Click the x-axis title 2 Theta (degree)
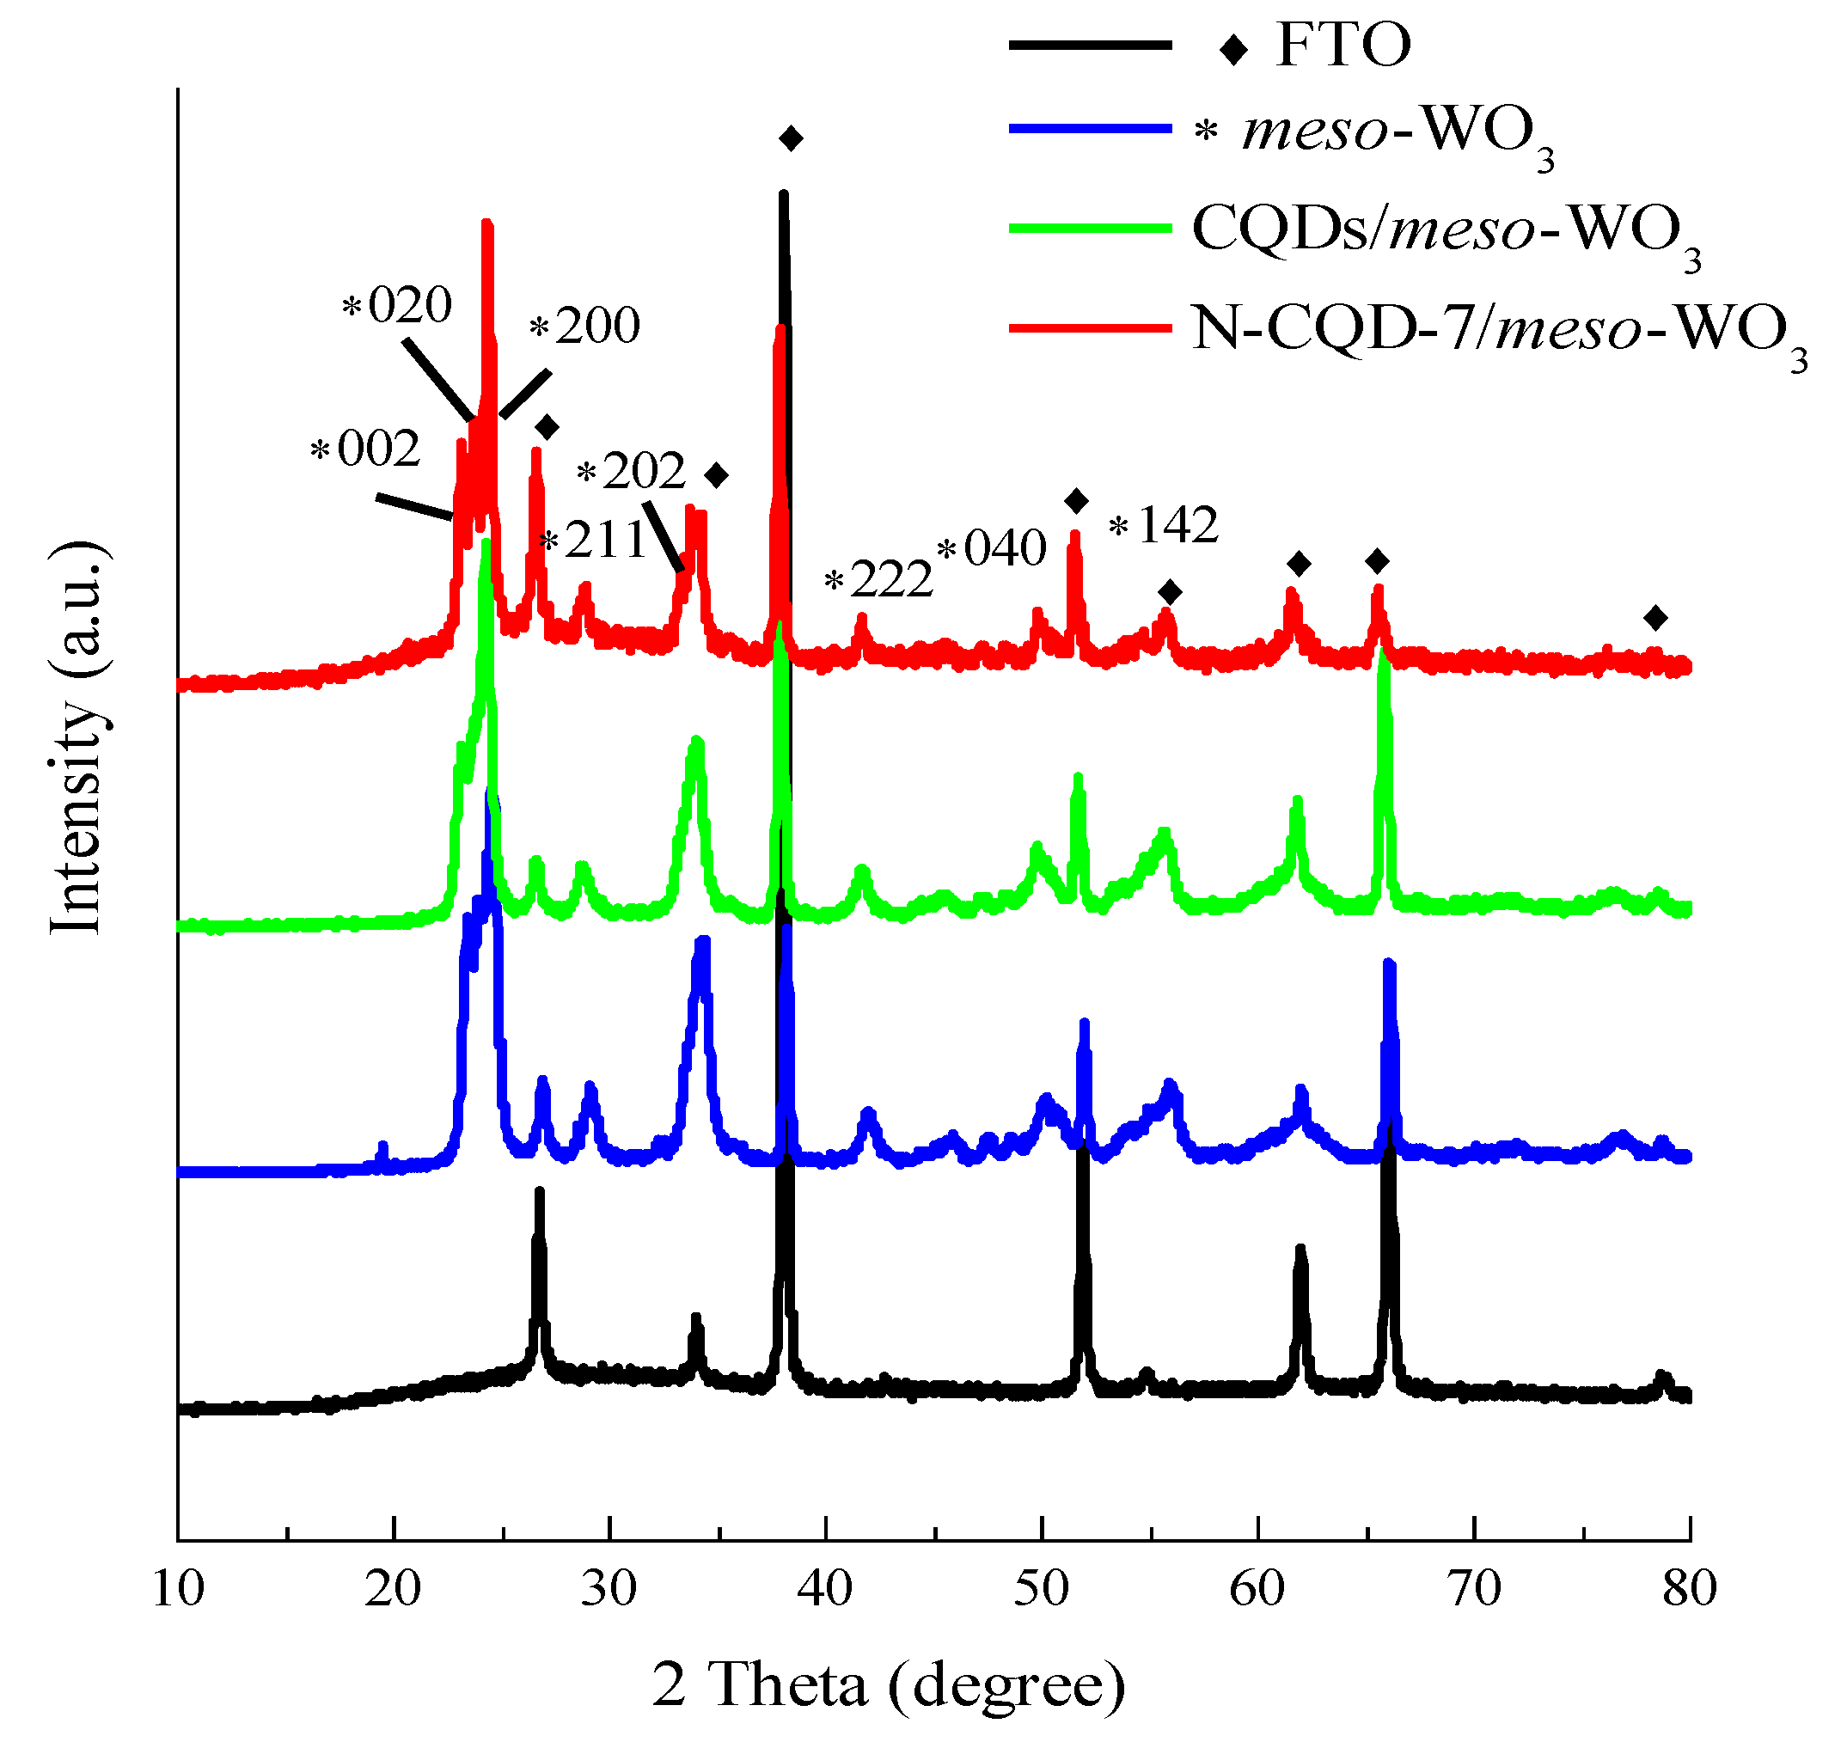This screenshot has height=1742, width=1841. coord(888,1684)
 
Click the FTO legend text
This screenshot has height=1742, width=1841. coord(1343,45)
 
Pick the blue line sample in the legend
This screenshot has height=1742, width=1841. coord(1090,129)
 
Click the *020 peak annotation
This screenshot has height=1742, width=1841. coord(398,304)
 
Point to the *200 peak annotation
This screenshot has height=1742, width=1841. coord(585,326)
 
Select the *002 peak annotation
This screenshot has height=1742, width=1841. coord(366,449)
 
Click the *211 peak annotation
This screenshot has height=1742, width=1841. coord(594,541)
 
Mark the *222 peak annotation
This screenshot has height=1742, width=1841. coord(878,580)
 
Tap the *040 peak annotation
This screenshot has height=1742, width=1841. coord(992,547)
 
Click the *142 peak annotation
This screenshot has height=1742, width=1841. coord(1164,526)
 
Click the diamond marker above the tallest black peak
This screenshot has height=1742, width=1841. coord(791,139)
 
